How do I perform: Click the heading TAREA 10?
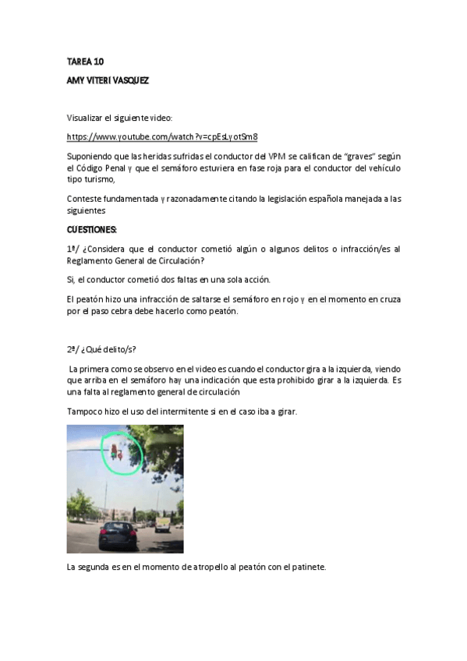(85, 62)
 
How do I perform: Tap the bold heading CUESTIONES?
(92, 229)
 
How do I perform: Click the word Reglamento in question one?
(94, 260)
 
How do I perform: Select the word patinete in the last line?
(307, 567)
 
